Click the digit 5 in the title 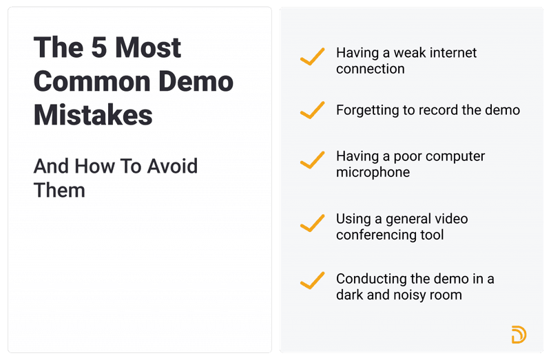pyautogui.click(x=99, y=47)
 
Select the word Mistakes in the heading pyautogui.click(x=93, y=114)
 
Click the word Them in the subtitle pyautogui.click(x=59, y=189)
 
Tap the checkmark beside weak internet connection pyautogui.click(x=313, y=57)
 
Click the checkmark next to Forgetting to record pyautogui.click(x=313, y=109)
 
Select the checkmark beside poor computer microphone pyautogui.click(x=313, y=160)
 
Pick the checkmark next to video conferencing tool pyautogui.click(x=313, y=223)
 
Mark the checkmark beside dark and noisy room pyautogui.click(x=313, y=280)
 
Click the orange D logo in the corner pyautogui.click(x=519, y=335)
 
